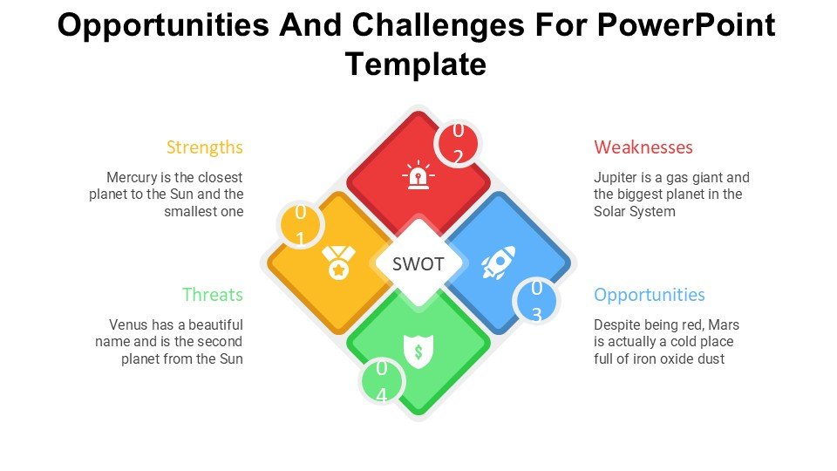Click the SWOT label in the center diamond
coord(418,263)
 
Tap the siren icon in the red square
coord(418,174)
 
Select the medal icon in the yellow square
coord(338,263)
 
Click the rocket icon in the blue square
coord(498,263)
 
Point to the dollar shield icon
coord(418,352)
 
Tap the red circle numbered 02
coord(458,143)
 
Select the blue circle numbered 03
coord(536,301)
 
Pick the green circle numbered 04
coord(382,381)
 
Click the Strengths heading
coord(204,147)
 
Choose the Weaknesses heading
coord(643,147)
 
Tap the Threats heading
coord(213,295)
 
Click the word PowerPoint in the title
coord(686,24)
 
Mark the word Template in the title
coord(416,64)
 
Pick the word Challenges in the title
coord(438,25)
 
